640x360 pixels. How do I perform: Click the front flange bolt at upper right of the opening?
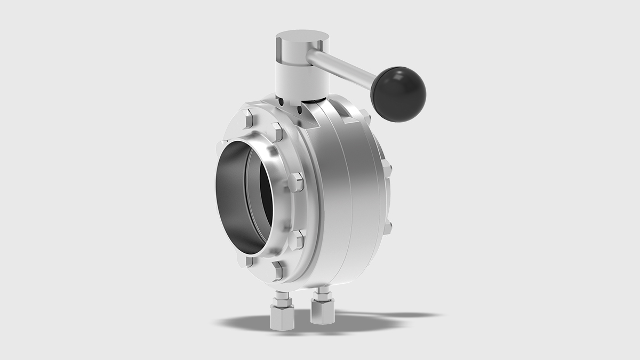(x=295, y=182)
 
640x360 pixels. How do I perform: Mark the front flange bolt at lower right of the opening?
(x=297, y=239)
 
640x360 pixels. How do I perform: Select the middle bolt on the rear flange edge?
(x=387, y=167)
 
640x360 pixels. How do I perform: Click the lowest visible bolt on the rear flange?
(x=388, y=226)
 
